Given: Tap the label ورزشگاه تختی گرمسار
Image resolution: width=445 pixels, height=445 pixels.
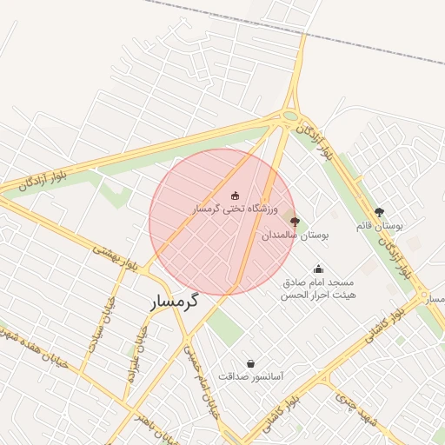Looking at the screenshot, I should (x=235, y=209).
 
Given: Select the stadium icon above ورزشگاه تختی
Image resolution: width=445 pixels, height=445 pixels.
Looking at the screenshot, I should (x=235, y=196).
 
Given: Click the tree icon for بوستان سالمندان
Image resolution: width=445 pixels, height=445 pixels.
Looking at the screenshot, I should (x=294, y=222).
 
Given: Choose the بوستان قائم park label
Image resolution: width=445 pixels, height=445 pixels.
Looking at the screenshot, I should (x=378, y=226).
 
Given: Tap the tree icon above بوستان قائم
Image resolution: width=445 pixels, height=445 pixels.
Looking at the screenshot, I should (x=378, y=212).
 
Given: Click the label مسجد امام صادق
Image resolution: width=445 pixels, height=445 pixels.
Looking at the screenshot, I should (x=319, y=283).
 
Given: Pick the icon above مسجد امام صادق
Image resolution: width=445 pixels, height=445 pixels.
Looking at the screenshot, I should (x=319, y=269).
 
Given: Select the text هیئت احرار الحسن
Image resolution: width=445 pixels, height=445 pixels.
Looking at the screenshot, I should (x=319, y=296).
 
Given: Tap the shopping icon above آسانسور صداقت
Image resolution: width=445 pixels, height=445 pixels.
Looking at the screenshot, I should (x=251, y=363).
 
